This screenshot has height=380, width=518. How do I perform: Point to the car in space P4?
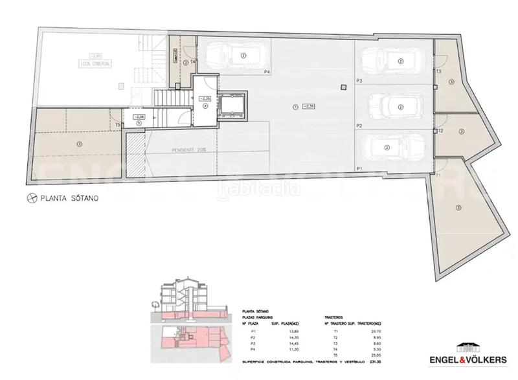tap(232, 56)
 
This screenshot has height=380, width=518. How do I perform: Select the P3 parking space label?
tap(358, 80)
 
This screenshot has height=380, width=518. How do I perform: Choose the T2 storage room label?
tap(440, 131)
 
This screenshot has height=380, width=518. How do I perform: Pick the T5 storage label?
tap(117, 125)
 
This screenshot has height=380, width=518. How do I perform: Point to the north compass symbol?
tap(29, 199)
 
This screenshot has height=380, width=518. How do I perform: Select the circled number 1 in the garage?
tap(295, 107)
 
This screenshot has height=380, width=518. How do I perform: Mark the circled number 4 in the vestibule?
tap(205, 106)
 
